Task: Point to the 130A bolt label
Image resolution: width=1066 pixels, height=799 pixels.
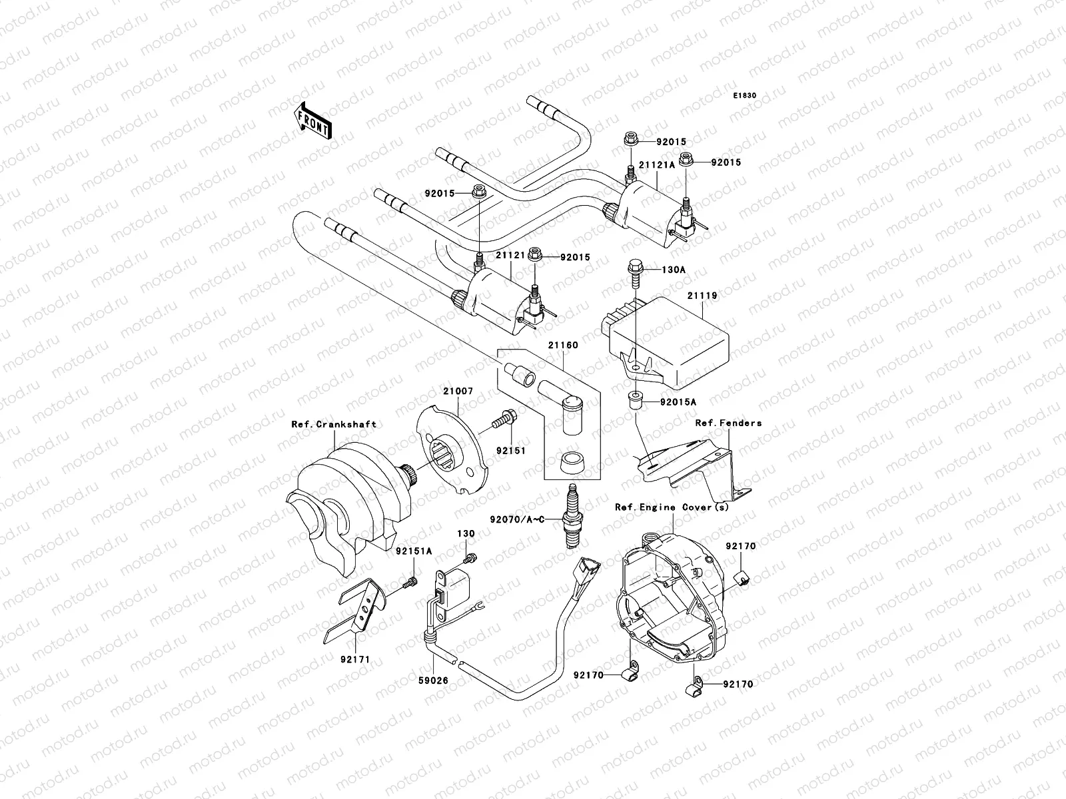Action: click(674, 270)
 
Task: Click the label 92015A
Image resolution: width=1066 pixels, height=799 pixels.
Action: click(678, 403)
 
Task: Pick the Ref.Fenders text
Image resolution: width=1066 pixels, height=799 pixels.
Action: click(728, 423)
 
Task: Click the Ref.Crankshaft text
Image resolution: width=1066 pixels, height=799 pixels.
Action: click(334, 424)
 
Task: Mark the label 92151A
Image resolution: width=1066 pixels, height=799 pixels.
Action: click(413, 551)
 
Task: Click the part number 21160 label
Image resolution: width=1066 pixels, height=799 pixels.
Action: click(563, 346)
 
